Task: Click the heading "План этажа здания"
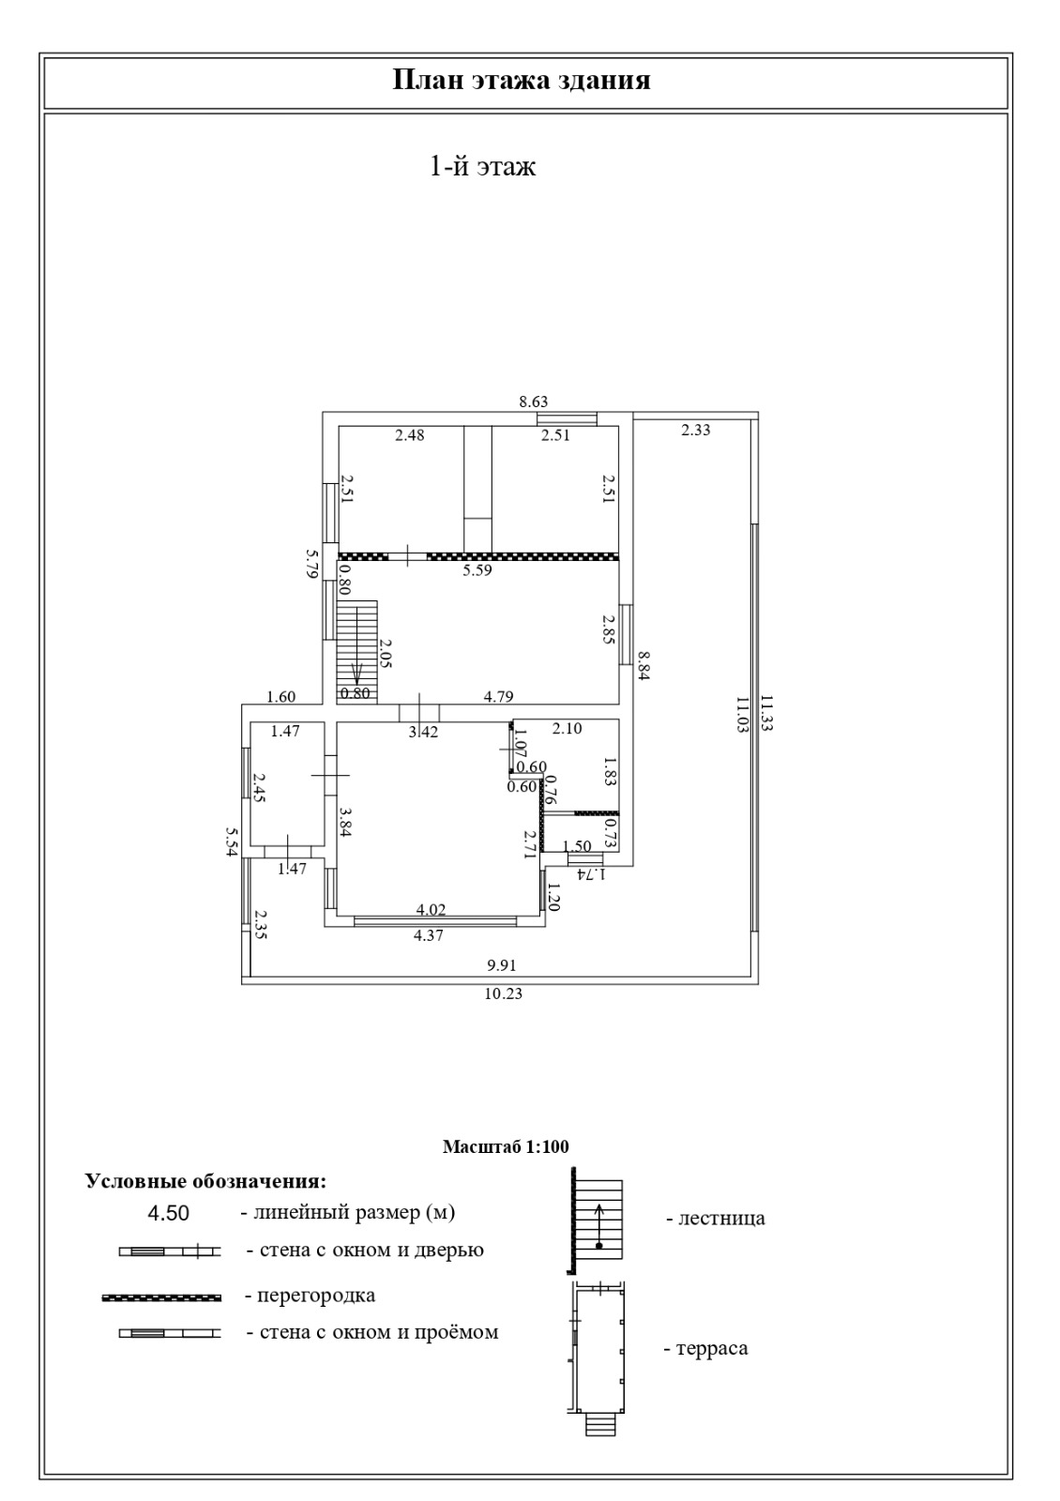coord(521,81)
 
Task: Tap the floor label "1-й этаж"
coord(482,165)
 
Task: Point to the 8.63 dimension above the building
coord(534,402)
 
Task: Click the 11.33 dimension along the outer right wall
coord(767,713)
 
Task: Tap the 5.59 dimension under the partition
coord(477,571)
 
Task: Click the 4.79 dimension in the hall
coord(498,697)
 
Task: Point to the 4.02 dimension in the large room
coord(431,910)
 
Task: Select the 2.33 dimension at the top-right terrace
coord(695,431)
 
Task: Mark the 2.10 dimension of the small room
coord(567,728)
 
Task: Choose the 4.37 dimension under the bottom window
coord(428,936)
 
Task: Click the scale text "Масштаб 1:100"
coord(506,1146)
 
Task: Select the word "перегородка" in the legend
coord(317,1296)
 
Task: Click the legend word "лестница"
coord(721,1218)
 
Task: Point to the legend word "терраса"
coord(712,1347)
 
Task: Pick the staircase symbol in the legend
coord(597,1221)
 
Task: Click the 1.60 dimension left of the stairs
coord(280,697)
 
